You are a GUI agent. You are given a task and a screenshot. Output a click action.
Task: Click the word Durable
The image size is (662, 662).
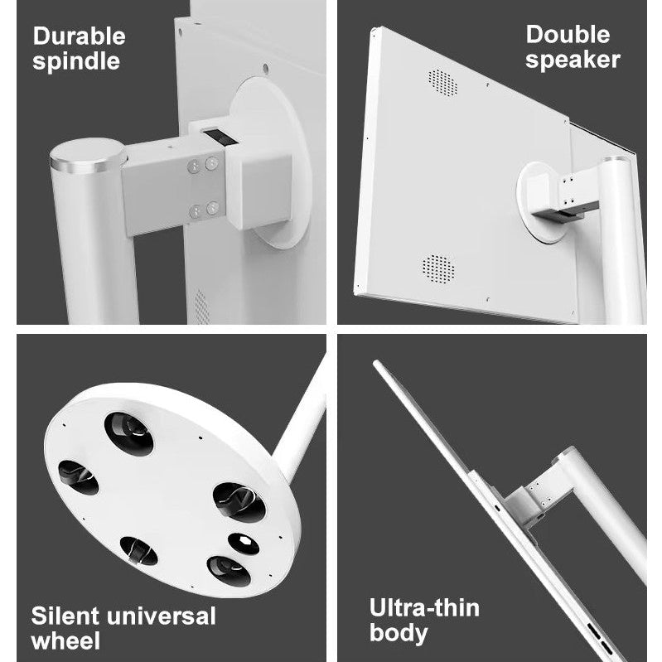tap(79, 36)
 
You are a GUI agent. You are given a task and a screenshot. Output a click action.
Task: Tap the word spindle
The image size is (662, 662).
tap(76, 62)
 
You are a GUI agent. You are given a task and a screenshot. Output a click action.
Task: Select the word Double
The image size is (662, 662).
tap(568, 35)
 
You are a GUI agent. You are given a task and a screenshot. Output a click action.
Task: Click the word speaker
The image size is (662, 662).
tap(573, 60)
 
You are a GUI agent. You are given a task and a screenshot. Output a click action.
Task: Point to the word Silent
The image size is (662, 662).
tap(65, 616)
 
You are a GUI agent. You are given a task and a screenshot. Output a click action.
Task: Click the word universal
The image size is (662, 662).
tap(162, 616)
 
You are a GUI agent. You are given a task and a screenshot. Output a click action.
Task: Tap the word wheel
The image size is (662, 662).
tap(65, 640)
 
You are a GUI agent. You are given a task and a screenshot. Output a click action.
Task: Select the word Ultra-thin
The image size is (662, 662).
tap(424, 608)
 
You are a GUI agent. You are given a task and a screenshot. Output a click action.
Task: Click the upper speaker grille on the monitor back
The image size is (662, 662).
tap(442, 82)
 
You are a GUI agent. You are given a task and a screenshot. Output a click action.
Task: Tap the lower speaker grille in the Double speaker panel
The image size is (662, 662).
tap(438, 269)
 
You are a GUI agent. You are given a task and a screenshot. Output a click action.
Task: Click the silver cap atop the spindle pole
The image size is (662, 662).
tap(88, 156)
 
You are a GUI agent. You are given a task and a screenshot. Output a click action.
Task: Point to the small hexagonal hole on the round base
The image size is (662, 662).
tap(244, 544)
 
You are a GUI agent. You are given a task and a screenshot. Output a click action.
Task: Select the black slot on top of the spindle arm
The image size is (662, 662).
tap(220, 138)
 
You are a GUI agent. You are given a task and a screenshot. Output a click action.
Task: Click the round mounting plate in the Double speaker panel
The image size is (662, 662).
tap(540, 202)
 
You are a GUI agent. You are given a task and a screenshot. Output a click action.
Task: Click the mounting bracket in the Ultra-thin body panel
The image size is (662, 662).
tap(532, 501)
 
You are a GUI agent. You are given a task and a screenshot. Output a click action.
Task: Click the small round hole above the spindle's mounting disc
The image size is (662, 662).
tap(265, 69)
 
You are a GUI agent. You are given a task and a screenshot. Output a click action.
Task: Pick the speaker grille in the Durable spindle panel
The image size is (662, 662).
tap(201, 307)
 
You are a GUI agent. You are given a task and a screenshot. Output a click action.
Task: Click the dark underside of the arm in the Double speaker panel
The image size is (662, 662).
tap(564, 212)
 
